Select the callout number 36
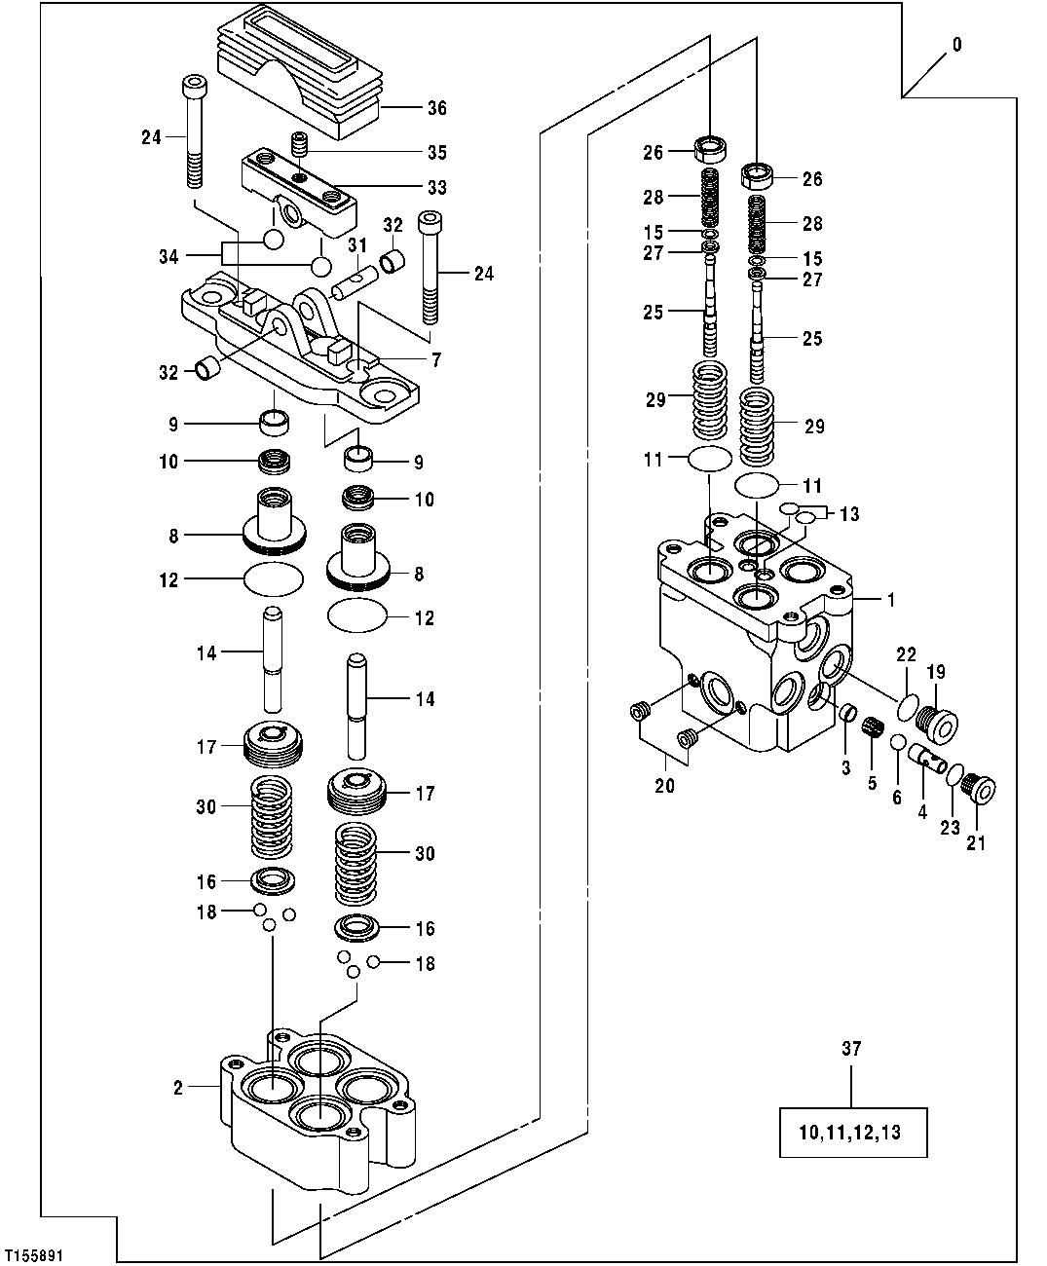[x=437, y=108]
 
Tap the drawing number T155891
[x=34, y=1256]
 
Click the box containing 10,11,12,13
[x=852, y=1132]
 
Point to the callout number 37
[x=851, y=1049]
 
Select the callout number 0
[x=956, y=45]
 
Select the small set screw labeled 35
[x=300, y=147]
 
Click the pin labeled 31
[x=353, y=285]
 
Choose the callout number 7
[x=435, y=360]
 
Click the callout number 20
[x=664, y=786]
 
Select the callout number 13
[x=849, y=514]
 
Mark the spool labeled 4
[x=928, y=757]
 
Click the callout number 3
[x=845, y=767]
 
